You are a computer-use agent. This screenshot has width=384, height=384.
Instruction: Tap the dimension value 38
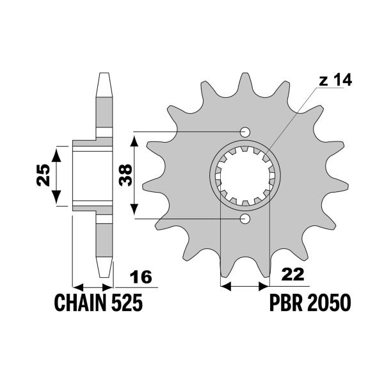tap(126, 175)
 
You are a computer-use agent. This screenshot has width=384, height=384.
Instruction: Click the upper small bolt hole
tap(244, 132)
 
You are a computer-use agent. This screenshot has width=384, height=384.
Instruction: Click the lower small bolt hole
tap(244, 219)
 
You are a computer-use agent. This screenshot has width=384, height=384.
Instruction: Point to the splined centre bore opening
tap(244, 175)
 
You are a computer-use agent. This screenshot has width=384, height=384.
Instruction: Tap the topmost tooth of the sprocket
tap(244, 80)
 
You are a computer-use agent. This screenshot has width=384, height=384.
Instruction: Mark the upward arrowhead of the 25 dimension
tap(58, 151)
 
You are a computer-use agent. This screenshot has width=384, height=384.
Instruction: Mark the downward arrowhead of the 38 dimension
tap(134, 212)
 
